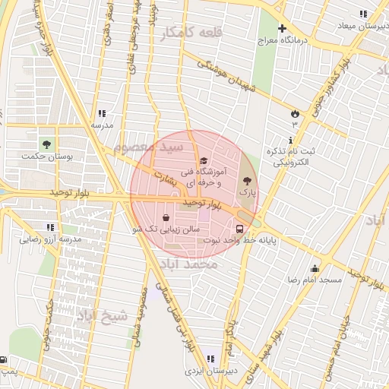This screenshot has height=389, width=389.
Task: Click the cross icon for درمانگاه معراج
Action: pyautogui.click(x=281, y=28)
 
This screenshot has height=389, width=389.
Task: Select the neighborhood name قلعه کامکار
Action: pyautogui.click(x=189, y=31)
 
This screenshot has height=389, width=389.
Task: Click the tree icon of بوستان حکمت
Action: pyautogui.click(x=47, y=143)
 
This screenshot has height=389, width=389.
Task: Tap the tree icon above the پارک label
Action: pyautogui.click(x=245, y=181)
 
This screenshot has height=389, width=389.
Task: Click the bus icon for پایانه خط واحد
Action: pyautogui.click(x=240, y=228)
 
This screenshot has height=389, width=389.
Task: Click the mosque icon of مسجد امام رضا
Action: pyautogui.click(x=315, y=268)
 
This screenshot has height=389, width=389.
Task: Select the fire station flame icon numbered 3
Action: pyautogui.click(x=294, y=113)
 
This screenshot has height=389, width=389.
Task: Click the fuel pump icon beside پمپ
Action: pyautogui.click(x=4, y=359)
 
